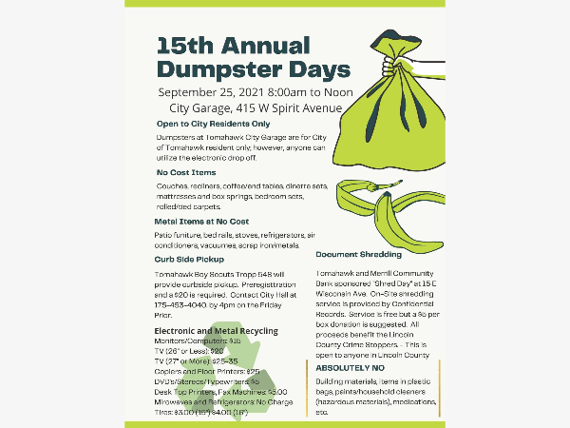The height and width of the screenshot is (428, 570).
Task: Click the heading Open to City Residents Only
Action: coord(213,124)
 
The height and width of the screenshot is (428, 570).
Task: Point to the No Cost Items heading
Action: coord(186,172)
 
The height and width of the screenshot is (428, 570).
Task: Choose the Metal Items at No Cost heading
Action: coord(208,221)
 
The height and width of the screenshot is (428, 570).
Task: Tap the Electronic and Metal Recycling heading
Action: coord(216,331)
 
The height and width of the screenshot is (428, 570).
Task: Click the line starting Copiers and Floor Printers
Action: coord(206,370)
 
